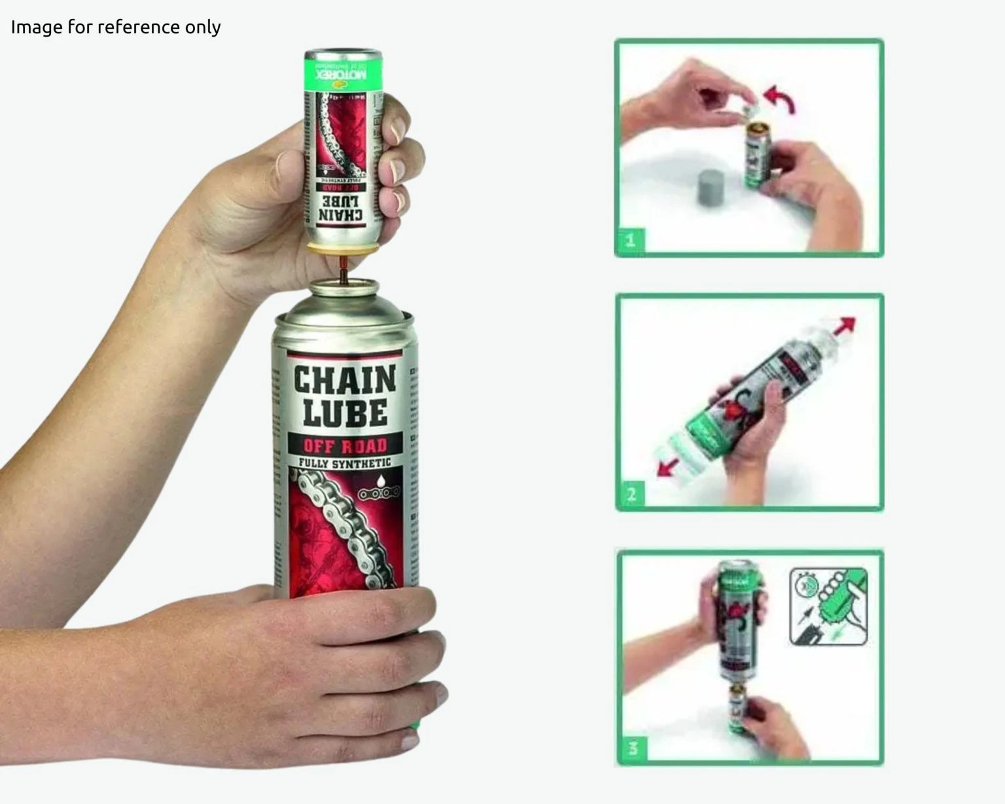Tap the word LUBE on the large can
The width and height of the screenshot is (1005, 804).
[344, 412]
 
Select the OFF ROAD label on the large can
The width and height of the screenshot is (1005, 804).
[345, 446]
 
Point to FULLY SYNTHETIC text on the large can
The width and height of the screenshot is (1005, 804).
[345, 464]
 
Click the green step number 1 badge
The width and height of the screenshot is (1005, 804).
[631, 240]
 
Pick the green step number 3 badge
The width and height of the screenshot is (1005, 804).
[633, 748]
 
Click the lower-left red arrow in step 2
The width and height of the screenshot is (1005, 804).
[667, 467]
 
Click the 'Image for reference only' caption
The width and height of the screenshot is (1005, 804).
[116, 27]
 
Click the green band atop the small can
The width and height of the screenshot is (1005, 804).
[342, 72]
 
